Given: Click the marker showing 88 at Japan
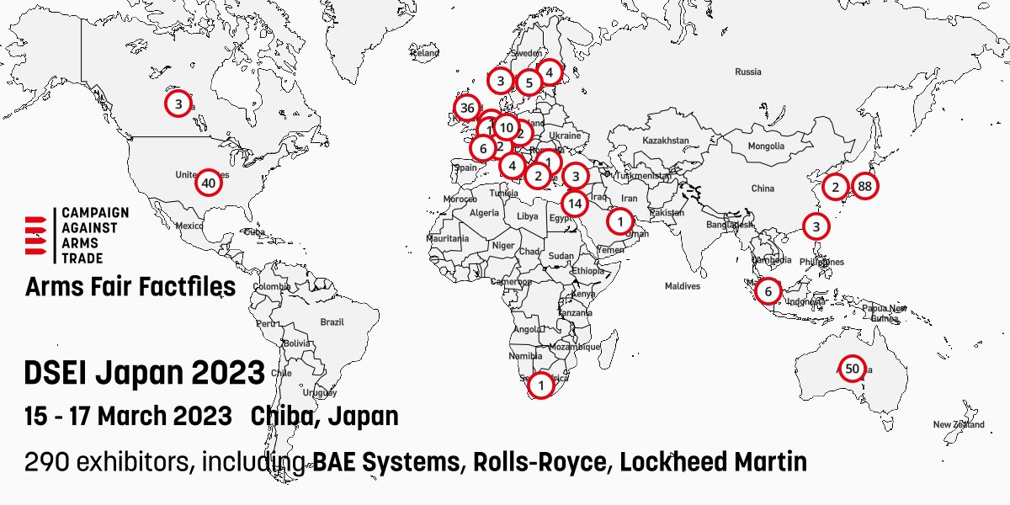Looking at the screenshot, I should point(864,187).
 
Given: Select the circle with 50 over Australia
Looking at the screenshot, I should point(852,369).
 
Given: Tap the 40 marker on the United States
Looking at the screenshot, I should point(209,183).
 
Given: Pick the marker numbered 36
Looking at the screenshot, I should point(467,108).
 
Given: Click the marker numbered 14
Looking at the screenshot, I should point(575,203).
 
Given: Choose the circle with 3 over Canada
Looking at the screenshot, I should point(178,104).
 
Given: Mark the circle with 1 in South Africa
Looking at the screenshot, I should point(541,385).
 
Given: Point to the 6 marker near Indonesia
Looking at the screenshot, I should point(768,291).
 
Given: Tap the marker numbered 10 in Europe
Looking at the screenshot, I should point(506,127).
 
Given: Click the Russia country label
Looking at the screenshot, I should point(747,72).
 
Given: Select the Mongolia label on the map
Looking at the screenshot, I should point(767,146).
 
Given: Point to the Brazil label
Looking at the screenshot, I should point(332,322).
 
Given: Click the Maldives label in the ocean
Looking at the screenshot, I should point(682,286).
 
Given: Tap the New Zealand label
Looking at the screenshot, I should point(958,425).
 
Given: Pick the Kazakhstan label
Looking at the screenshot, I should point(666,140).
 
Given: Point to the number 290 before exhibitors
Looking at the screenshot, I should point(44,462).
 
